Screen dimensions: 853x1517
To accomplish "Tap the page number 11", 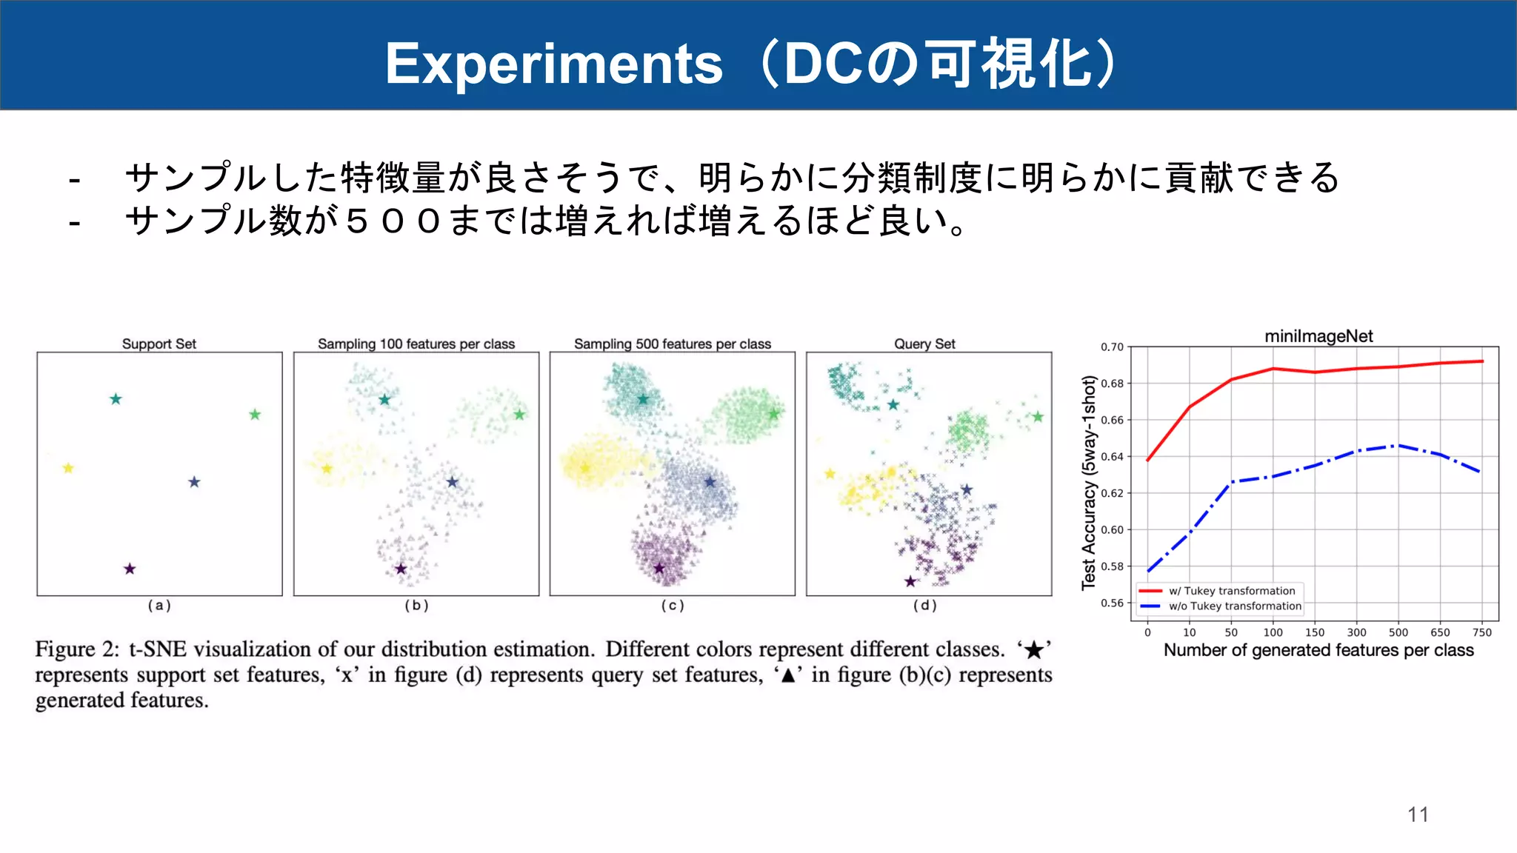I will coord(1418,814).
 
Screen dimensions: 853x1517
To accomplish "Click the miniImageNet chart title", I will coord(1318,336).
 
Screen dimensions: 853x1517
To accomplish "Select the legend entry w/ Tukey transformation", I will coord(1232,591).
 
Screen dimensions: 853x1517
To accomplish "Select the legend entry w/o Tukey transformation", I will coord(1235,606).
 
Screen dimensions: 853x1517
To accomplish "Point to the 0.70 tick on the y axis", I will coord(1112,347).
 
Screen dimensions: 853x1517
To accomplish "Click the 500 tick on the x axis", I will coord(1398,632).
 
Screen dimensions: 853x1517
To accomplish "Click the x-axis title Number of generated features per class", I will coord(1318,650).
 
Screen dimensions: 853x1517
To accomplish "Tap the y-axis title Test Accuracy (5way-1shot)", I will coord(1088,483).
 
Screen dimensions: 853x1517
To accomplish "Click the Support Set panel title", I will coord(159,344).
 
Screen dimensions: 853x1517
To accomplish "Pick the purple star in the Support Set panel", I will coord(130,569).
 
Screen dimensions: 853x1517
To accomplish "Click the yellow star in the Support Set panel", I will coord(68,468).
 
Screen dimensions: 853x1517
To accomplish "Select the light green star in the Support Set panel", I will coord(255,415).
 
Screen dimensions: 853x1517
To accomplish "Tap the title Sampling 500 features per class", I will coord(673,344).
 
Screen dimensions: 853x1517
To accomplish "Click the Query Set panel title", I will coord(924,344).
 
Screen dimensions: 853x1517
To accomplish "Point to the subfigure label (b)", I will coord(416,605).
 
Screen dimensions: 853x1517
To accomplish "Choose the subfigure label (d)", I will coord(924,605).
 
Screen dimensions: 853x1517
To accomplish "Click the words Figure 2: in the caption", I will coord(77,649).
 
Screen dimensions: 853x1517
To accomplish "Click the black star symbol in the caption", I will coord(1034,650).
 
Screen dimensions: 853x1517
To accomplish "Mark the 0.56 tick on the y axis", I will coord(1112,603).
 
